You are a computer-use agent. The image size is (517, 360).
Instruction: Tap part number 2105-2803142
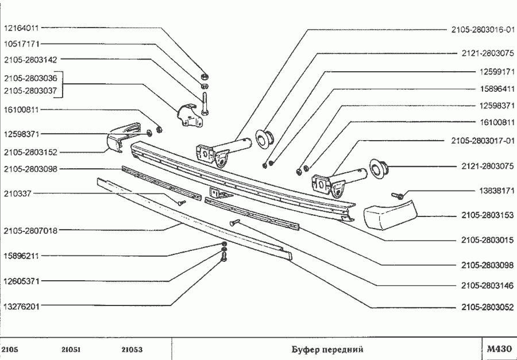[x=30, y=60]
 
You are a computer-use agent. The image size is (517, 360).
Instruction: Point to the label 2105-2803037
[x=30, y=90]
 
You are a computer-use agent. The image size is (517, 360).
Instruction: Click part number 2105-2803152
[x=30, y=153]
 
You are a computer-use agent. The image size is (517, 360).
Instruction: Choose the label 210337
[x=18, y=194]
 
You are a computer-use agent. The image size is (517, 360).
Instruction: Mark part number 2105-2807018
[x=30, y=231]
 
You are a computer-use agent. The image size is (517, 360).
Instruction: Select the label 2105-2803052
[x=487, y=307]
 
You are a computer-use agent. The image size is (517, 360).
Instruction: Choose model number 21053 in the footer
[x=132, y=349]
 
